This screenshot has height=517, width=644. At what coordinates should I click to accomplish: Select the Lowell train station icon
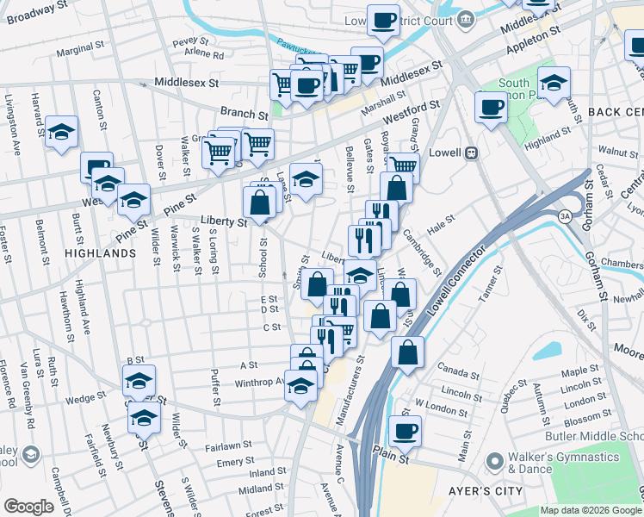coord(471,153)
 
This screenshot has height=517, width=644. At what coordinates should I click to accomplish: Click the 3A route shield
coord(565,215)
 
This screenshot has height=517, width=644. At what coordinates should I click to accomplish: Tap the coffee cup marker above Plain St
coord(405,430)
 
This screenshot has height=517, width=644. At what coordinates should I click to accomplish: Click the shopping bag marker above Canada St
coord(408,351)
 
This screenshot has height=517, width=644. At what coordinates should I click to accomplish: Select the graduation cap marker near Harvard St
coord(61,132)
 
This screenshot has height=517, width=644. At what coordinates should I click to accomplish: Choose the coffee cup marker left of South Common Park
coord(491,108)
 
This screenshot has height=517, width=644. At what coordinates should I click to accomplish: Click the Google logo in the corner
coord(28,507)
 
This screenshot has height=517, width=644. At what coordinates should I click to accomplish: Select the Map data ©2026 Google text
coord(589,510)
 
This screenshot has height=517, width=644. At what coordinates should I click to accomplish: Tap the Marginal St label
coord(80,50)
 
